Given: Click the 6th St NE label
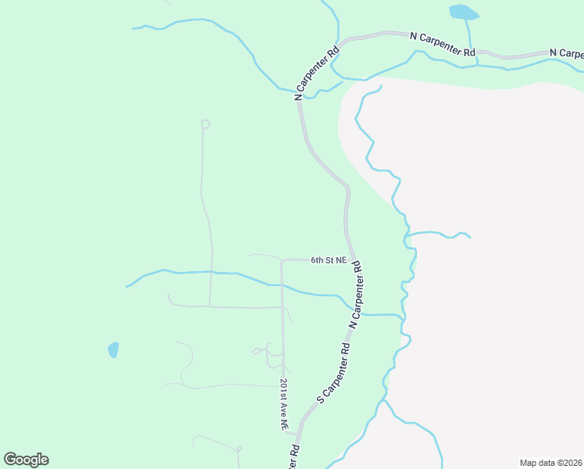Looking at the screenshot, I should tap(328, 260).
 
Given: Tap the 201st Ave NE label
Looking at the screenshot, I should tap(283, 405).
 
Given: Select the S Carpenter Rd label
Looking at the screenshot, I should tap(333, 373).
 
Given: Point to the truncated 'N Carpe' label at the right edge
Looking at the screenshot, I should tap(566, 53).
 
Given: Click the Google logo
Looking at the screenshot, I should tap(26, 460).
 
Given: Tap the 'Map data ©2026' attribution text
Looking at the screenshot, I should tap(551, 463).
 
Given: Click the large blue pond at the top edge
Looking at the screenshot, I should tap(464, 13).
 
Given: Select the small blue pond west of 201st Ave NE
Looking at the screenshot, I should tap(113, 349).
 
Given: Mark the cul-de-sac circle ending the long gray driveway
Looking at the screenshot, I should tap(205, 124).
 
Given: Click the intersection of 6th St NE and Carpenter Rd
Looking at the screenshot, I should tap(354, 260).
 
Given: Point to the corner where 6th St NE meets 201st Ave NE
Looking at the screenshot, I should tap(283, 260).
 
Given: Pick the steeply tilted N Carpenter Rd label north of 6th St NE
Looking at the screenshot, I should tap(317, 73).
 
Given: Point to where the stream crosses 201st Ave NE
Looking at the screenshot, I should tap(282, 286).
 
